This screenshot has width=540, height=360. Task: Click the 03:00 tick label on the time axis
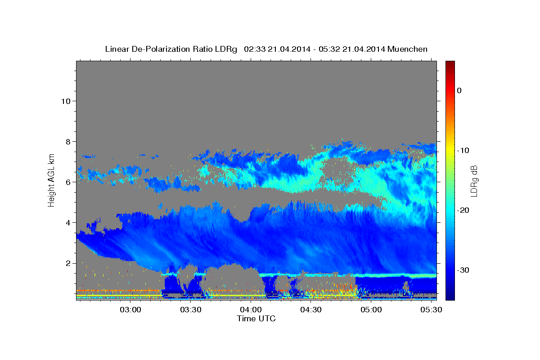(x=130, y=310)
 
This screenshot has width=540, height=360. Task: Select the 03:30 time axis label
(x=191, y=310)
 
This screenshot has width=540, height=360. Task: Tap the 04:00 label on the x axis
(x=251, y=310)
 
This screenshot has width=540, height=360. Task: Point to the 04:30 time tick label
(x=311, y=310)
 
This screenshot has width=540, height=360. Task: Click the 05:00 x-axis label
(x=371, y=310)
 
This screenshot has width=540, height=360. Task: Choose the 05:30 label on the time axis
(x=431, y=310)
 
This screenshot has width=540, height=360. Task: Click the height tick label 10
(x=66, y=101)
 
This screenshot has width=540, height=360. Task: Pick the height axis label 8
(x=68, y=142)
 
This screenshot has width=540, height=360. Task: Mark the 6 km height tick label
(x=68, y=182)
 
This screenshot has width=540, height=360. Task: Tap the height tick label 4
(x=68, y=223)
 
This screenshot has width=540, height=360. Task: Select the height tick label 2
(x=68, y=263)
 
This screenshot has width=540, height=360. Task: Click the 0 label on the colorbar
(x=459, y=90)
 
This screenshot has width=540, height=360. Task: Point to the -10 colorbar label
(x=463, y=150)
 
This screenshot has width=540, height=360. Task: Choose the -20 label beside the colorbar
(x=463, y=210)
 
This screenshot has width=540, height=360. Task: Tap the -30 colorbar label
(x=463, y=270)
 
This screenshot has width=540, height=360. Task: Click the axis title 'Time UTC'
(x=256, y=319)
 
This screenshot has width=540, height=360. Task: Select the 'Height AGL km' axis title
(x=51, y=180)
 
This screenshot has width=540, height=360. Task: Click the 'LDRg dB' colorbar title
(x=474, y=181)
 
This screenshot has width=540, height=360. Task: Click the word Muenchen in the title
(x=407, y=49)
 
